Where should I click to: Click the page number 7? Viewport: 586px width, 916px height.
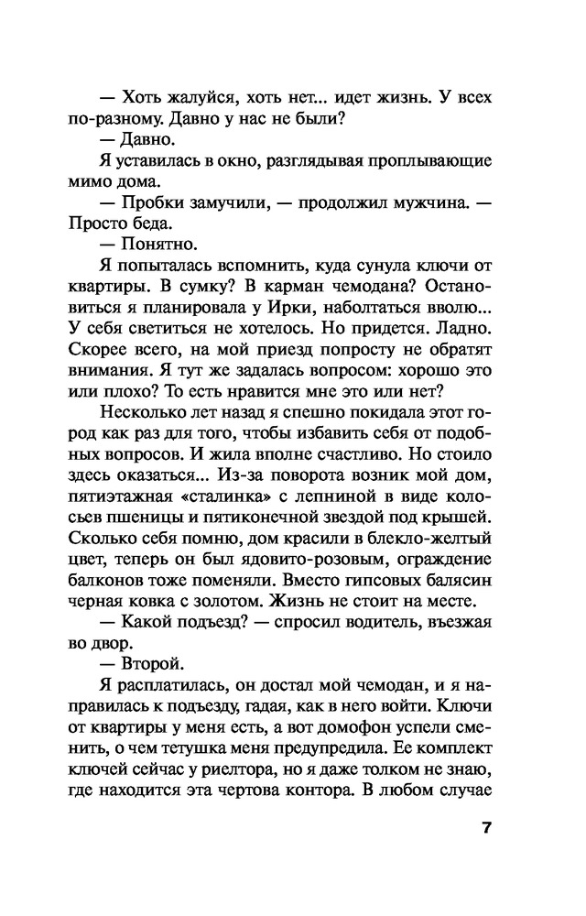click(486, 828)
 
